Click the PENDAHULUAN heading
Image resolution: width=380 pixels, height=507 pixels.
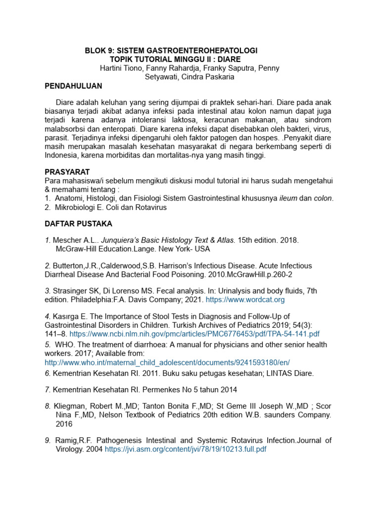(73, 86)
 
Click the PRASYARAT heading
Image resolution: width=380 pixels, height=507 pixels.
(67, 171)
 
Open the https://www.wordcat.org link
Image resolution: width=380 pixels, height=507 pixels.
(245, 300)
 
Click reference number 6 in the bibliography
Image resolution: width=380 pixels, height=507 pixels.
(47, 373)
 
